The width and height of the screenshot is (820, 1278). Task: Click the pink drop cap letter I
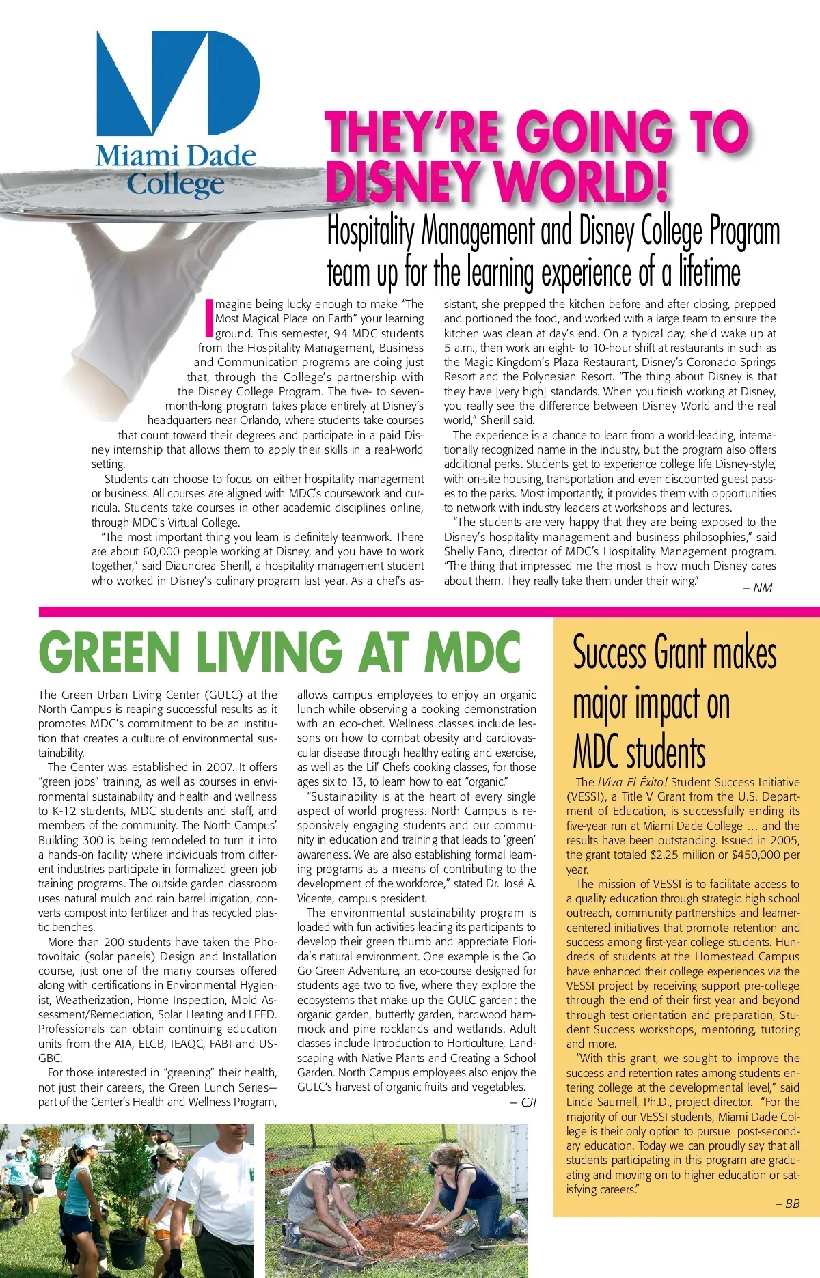(209, 318)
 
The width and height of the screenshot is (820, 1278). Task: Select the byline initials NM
(762, 588)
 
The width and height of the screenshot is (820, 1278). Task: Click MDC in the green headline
(472, 652)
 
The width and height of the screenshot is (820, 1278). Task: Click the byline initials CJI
(528, 1102)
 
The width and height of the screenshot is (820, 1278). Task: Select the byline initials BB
(792, 1204)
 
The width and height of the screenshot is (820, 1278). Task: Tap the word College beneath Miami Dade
(176, 184)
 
